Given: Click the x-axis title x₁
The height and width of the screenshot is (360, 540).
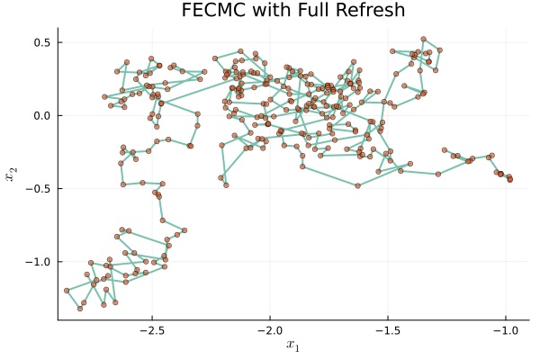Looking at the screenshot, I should [292, 346].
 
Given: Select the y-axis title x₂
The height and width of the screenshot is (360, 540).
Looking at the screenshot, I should [12, 176].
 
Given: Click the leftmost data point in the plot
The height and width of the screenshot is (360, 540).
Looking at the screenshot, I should [67, 291].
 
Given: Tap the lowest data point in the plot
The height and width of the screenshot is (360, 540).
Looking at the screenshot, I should [80, 309].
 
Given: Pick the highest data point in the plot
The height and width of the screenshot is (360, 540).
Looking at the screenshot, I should [423, 39].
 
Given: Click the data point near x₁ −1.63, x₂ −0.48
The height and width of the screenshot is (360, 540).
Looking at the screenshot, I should [357, 185].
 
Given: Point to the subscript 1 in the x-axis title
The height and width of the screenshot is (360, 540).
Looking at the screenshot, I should [295, 348].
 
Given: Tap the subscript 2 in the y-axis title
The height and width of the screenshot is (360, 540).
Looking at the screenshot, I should [14, 173].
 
